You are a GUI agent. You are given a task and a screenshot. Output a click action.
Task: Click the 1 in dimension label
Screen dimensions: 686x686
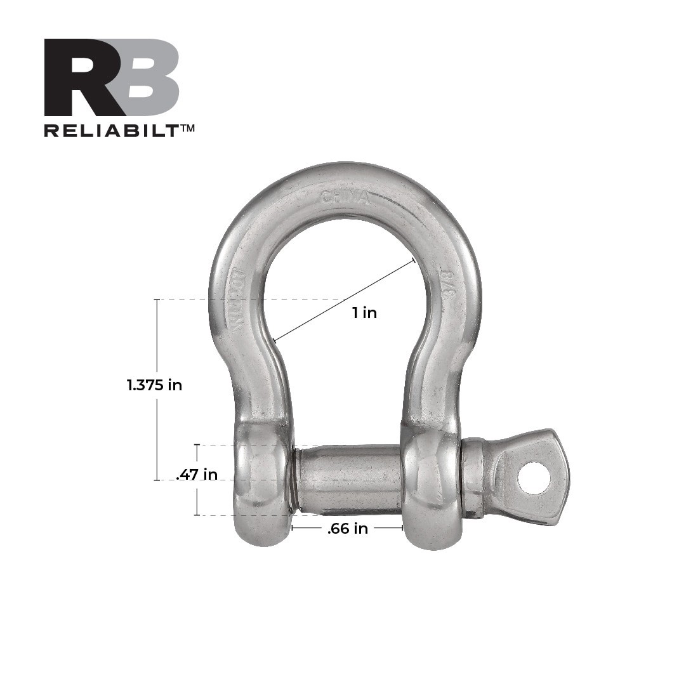pyautogui.click(x=365, y=312)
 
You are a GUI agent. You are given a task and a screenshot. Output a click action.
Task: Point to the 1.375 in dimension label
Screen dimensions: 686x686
pyautogui.click(x=154, y=385)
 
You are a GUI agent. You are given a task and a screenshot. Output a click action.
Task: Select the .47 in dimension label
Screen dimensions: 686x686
pyautogui.click(x=197, y=474)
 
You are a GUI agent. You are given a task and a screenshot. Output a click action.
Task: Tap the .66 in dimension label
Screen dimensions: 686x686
pyautogui.click(x=347, y=529)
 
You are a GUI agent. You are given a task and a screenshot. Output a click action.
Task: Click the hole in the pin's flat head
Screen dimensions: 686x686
pyautogui.click(x=533, y=478)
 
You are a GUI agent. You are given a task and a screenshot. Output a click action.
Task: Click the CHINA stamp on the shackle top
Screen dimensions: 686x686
pyautogui.click(x=345, y=197)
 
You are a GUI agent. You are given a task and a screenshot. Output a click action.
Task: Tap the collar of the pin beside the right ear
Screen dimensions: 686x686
pyautogui.click(x=472, y=478)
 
